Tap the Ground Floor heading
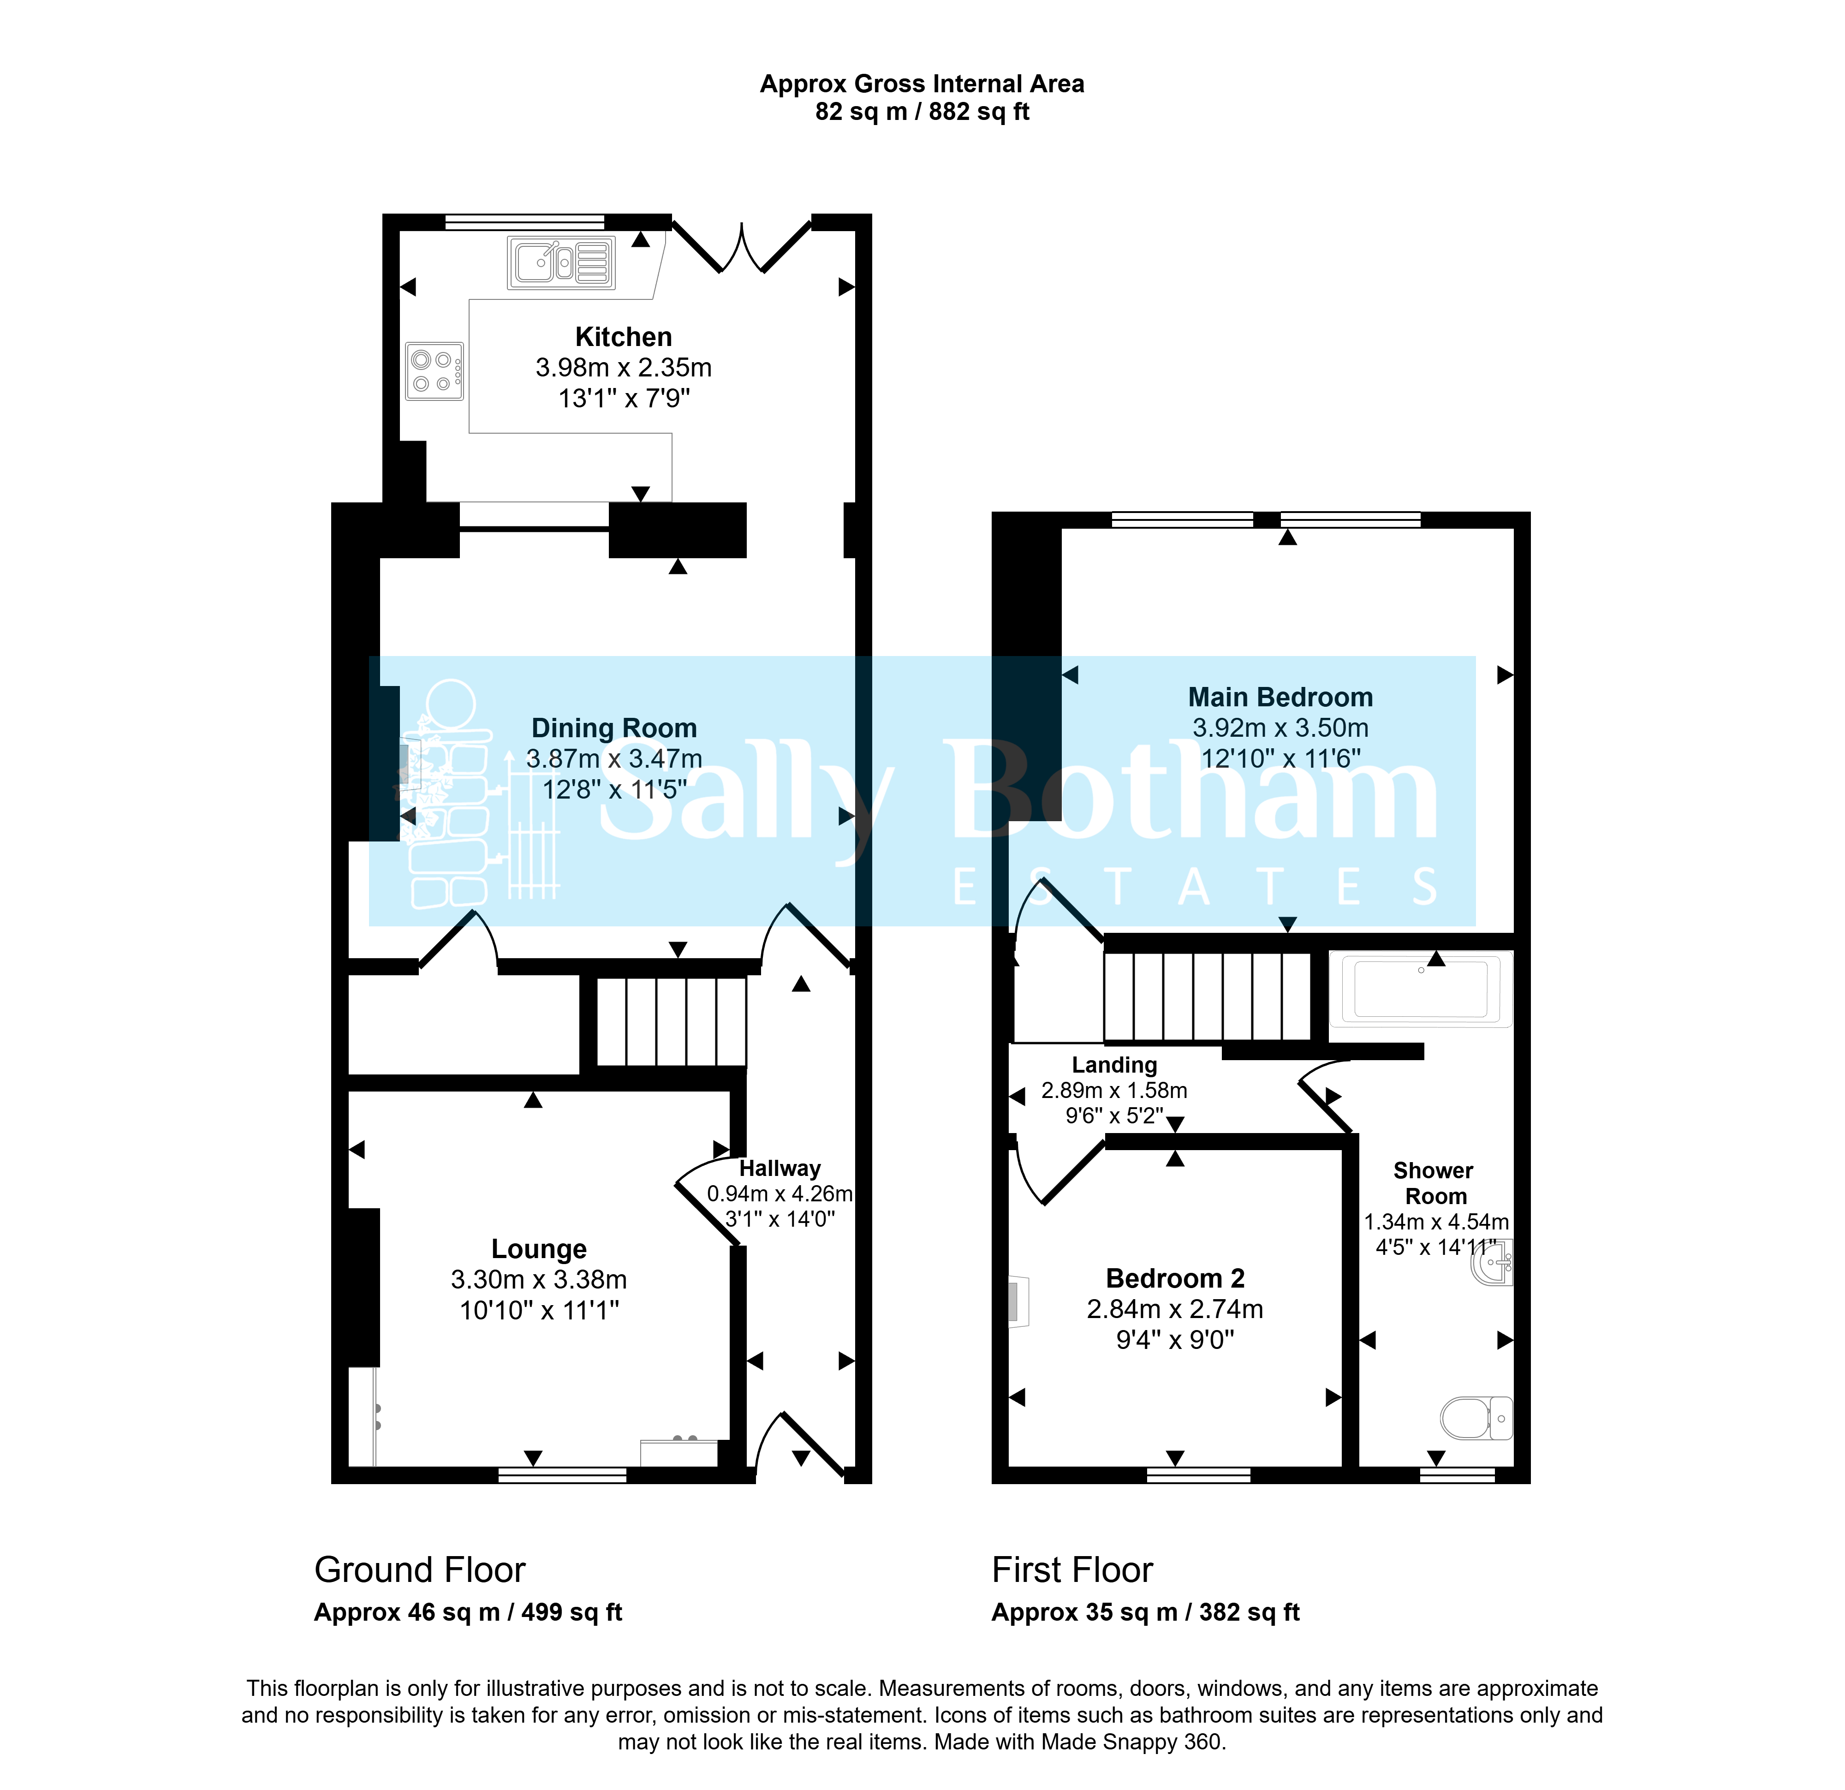(x=420, y=1569)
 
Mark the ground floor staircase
(x=672, y=1022)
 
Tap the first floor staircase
(x=1208, y=996)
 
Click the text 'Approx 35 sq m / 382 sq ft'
(x=1146, y=1612)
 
